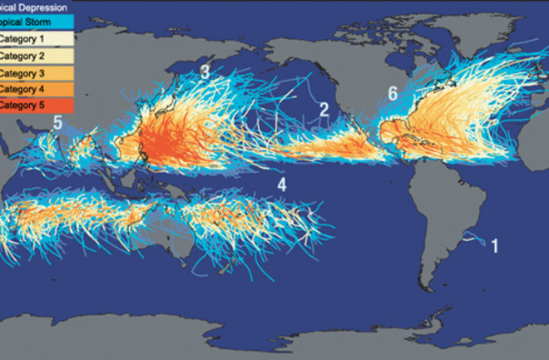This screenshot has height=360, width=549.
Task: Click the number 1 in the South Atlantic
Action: (x=495, y=245)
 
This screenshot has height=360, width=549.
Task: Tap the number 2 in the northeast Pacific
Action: (x=324, y=109)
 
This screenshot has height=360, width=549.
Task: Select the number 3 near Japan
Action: (x=205, y=72)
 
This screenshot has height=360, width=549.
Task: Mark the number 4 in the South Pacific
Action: (x=282, y=185)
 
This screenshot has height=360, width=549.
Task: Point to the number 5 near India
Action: (x=57, y=124)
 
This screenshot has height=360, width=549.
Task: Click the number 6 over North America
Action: (x=392, y=94)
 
